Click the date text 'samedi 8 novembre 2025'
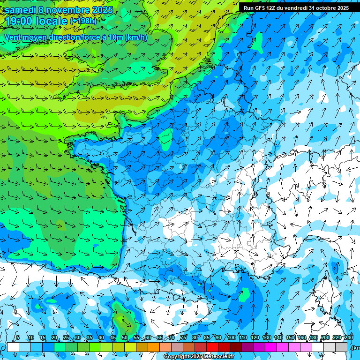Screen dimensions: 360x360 (59, 10)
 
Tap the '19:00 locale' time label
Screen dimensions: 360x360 (36, 21)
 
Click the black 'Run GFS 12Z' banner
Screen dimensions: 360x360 (296, 8)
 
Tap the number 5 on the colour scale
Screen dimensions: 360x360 (18, 337)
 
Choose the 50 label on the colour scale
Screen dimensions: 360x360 (124, 337)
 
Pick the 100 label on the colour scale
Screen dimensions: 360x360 (231, 337)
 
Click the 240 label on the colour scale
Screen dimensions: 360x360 (348, 337)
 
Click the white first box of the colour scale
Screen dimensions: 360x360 (13, 347)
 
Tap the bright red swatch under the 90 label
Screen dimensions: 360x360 (212, 347)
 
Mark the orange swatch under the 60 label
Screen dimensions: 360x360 (142, 347)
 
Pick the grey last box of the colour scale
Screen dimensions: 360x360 (341, 347)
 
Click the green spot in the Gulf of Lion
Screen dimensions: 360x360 (244, 294)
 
